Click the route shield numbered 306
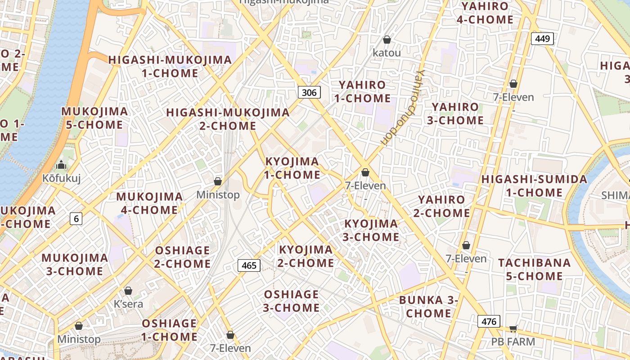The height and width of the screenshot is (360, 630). (x=309, y=93)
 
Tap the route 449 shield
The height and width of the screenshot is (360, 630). (x=542, y=39)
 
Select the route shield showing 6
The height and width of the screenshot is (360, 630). (x=76, y=219)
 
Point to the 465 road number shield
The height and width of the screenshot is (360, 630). (x=249, y=265)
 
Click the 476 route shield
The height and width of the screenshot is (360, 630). (x=489, y=322)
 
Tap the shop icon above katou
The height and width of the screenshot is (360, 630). (x=387, y=40)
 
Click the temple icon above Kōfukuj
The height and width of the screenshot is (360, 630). (x=61, y=165)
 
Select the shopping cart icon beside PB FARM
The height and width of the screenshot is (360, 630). (x=513, y=329)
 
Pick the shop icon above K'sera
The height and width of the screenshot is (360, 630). (x=128, y=291)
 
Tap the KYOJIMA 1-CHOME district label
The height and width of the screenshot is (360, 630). (x=292, y=168)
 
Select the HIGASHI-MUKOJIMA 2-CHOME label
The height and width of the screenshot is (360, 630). (x=228, y=119)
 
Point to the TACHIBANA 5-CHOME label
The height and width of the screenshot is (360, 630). (x=534, y=269)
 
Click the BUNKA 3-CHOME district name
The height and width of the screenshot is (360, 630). (x=429, y=306)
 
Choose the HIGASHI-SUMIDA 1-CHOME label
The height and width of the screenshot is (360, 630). (x=534, y=186)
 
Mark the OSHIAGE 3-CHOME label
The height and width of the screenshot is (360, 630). (x=292, y=301)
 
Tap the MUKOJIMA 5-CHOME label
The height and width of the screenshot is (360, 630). (x=94, y=118)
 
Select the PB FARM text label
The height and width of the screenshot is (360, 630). (x=513, y=342)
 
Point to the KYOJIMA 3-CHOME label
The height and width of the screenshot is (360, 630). (x=371, y=230)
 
